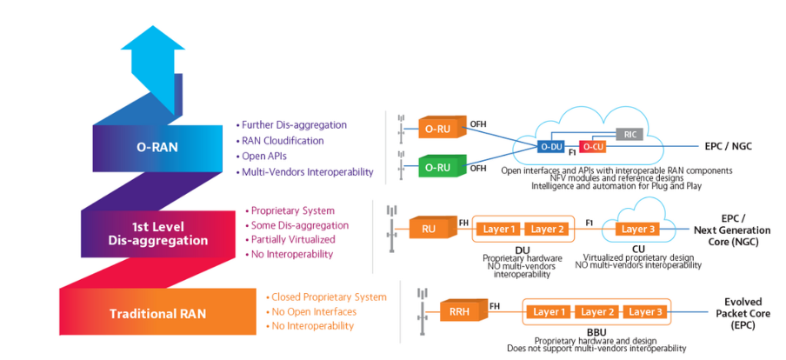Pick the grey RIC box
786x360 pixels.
click(x=629, y=134)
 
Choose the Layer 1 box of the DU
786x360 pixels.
click(x=500, y=230)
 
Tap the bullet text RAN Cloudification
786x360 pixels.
click(x=283, y=141)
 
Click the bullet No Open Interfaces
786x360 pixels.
click(x=313, y=311)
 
